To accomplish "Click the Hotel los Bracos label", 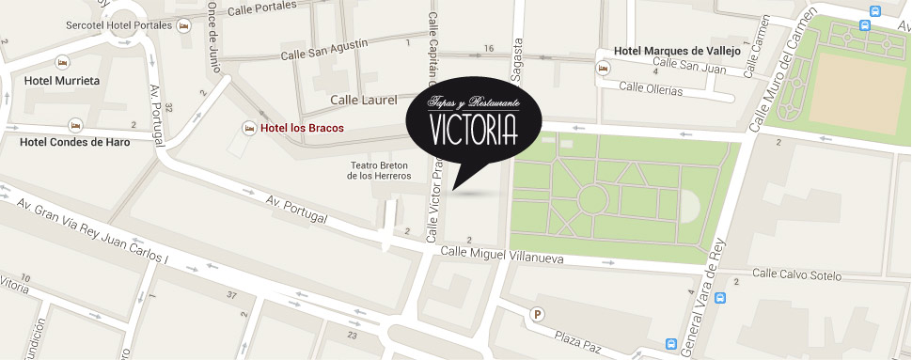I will click(x=302, y=128).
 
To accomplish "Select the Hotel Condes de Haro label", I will click(x=75, y=142).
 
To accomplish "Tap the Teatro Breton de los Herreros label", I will click(x=380, y=170).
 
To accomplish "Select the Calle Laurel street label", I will click(x=364, y=99).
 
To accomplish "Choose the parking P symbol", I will click(x=538, y=316).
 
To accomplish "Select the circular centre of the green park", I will click(x=592, y=198).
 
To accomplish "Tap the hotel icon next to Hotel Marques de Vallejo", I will click(x=602, y=67).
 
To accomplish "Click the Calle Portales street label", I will click(x=261, y=8).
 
